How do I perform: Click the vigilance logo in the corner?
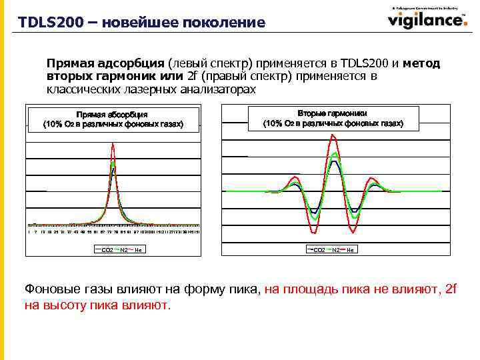427,19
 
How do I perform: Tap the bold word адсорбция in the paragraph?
129,64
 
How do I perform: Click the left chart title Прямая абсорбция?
112,115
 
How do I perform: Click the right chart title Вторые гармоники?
333,114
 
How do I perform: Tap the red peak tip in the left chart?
113,144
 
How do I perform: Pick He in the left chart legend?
138,250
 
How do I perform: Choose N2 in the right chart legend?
336,250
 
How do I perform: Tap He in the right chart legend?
351,250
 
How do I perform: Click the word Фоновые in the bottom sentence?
51,289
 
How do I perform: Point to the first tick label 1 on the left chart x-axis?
29,232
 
